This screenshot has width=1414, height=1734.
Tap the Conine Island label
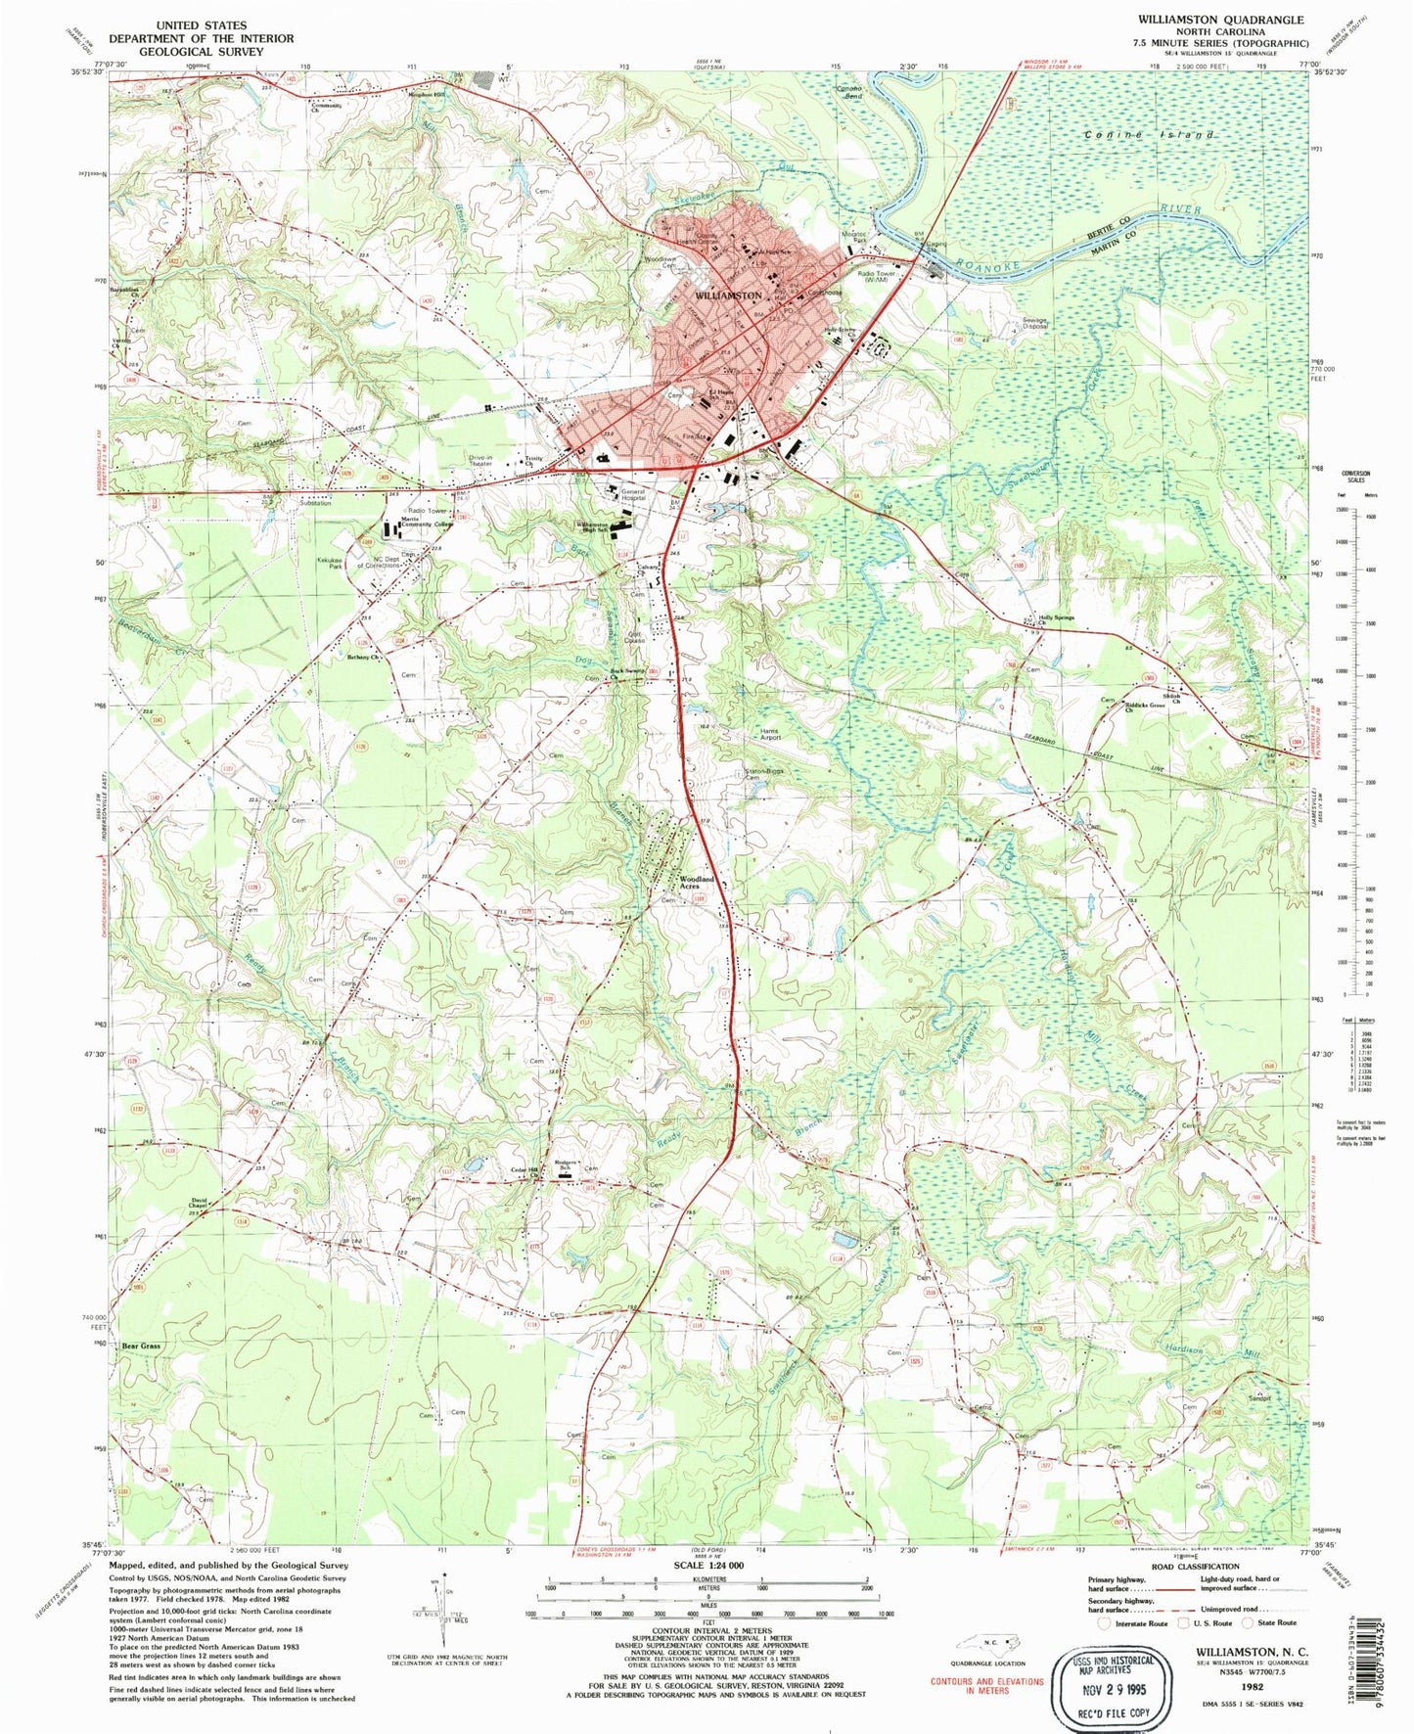[x=1151, y=134]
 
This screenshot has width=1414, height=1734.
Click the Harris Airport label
[x=768, y=733]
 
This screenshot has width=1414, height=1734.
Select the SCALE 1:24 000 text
[x=705, y=1566]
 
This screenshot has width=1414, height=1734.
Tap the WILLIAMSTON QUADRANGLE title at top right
[x=1219, y=20]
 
